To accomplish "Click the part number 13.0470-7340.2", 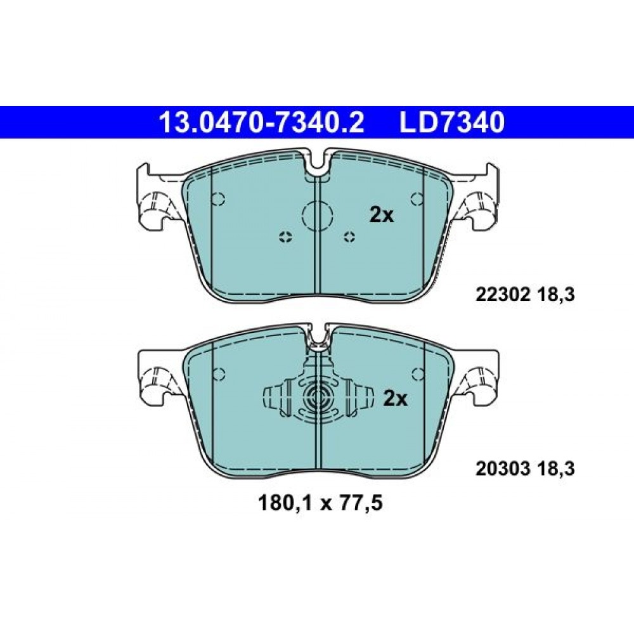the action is coord(262,122).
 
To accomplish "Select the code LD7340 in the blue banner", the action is coord(452,122).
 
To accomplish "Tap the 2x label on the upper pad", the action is coord(381,216).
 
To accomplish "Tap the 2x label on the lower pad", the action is coord(395,399).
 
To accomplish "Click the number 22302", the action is coord(503,295).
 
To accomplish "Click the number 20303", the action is coord(503,469).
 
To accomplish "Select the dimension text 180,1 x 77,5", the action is coord(320,504).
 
